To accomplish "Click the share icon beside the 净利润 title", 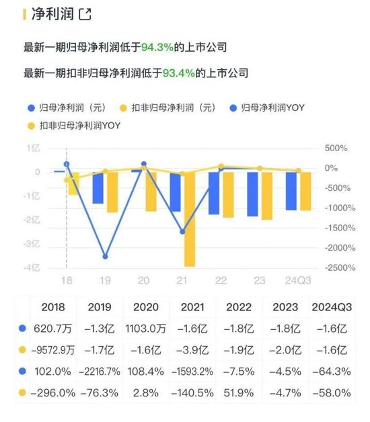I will tap(85, 13).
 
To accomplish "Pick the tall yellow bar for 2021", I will tap(189, 219).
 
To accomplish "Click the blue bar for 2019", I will tap(98, 188).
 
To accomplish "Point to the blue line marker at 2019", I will tap(105, 256).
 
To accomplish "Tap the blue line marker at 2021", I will tap(182, 231).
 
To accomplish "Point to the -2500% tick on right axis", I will tap(334, 267).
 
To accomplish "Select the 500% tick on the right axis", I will tap(335, 148).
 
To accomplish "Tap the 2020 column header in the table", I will tap(146, 307).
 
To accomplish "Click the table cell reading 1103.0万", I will tap(146, 329).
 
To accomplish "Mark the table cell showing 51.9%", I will tap(239, 392).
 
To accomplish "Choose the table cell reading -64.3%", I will tap(332, 371).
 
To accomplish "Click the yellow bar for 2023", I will tap(267, 196).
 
